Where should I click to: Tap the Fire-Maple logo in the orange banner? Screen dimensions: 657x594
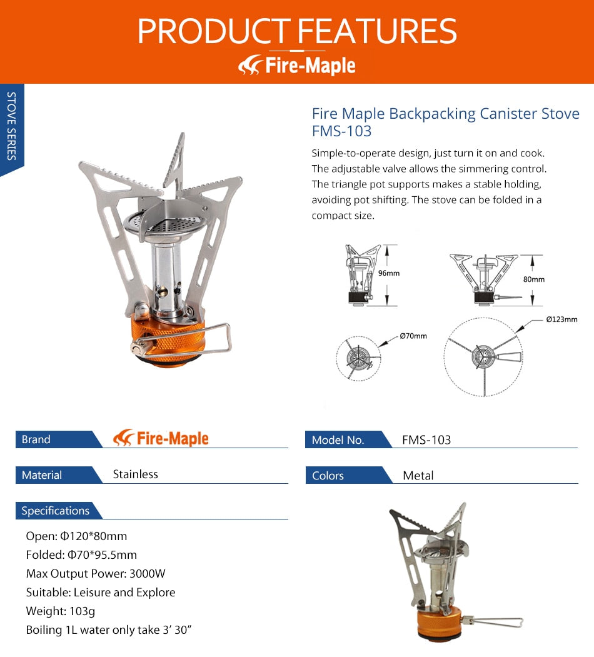[x=297, y=65]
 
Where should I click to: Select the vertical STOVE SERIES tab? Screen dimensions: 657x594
[x=11, y=126]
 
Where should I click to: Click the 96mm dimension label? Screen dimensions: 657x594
[x=388, y=273]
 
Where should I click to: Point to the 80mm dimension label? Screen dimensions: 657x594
[x=533, y=279]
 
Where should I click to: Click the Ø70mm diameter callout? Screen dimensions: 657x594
[x=413, y=336]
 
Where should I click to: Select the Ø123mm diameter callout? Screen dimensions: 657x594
[x=561, y=319]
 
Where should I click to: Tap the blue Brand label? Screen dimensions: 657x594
[x=36, y=439]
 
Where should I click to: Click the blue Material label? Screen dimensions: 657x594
[x=42, y=475]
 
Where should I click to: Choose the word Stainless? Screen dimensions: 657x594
[x=135, y=474]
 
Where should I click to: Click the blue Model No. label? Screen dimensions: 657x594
[x=338, y=440]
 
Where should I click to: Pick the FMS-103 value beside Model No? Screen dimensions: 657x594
[x=426, y=440]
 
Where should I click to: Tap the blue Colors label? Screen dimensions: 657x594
[x=328, y=476]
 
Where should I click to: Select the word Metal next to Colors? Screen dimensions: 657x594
[x=418, y=476]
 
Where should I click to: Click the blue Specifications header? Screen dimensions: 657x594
[x=55, y=511]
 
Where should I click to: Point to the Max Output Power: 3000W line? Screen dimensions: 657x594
[x=96, y=573]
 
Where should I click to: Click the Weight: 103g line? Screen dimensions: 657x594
[x=61, y=611]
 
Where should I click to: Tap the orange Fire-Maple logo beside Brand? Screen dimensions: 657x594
[x=161, y=438]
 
